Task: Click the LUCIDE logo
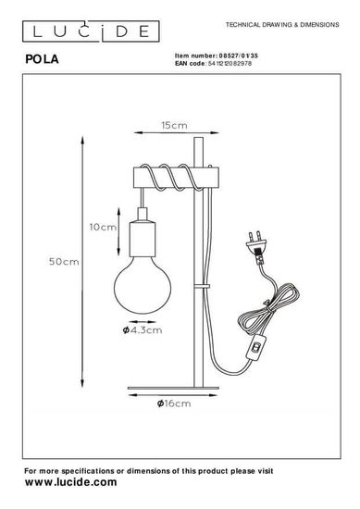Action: (x=91, y=31)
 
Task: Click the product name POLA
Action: (x=43, y=59)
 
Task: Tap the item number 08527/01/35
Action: (x=239, y=56)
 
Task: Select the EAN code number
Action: (x=230, y=63)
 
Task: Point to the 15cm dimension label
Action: (x=175, y=125)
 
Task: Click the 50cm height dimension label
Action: (x=64, y=261)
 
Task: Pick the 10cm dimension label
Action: (x=103, y=227)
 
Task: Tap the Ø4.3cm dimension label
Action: (x=143, y=330)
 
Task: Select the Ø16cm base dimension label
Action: (x=174, y=403)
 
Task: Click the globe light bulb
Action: (x=143, y=285)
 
